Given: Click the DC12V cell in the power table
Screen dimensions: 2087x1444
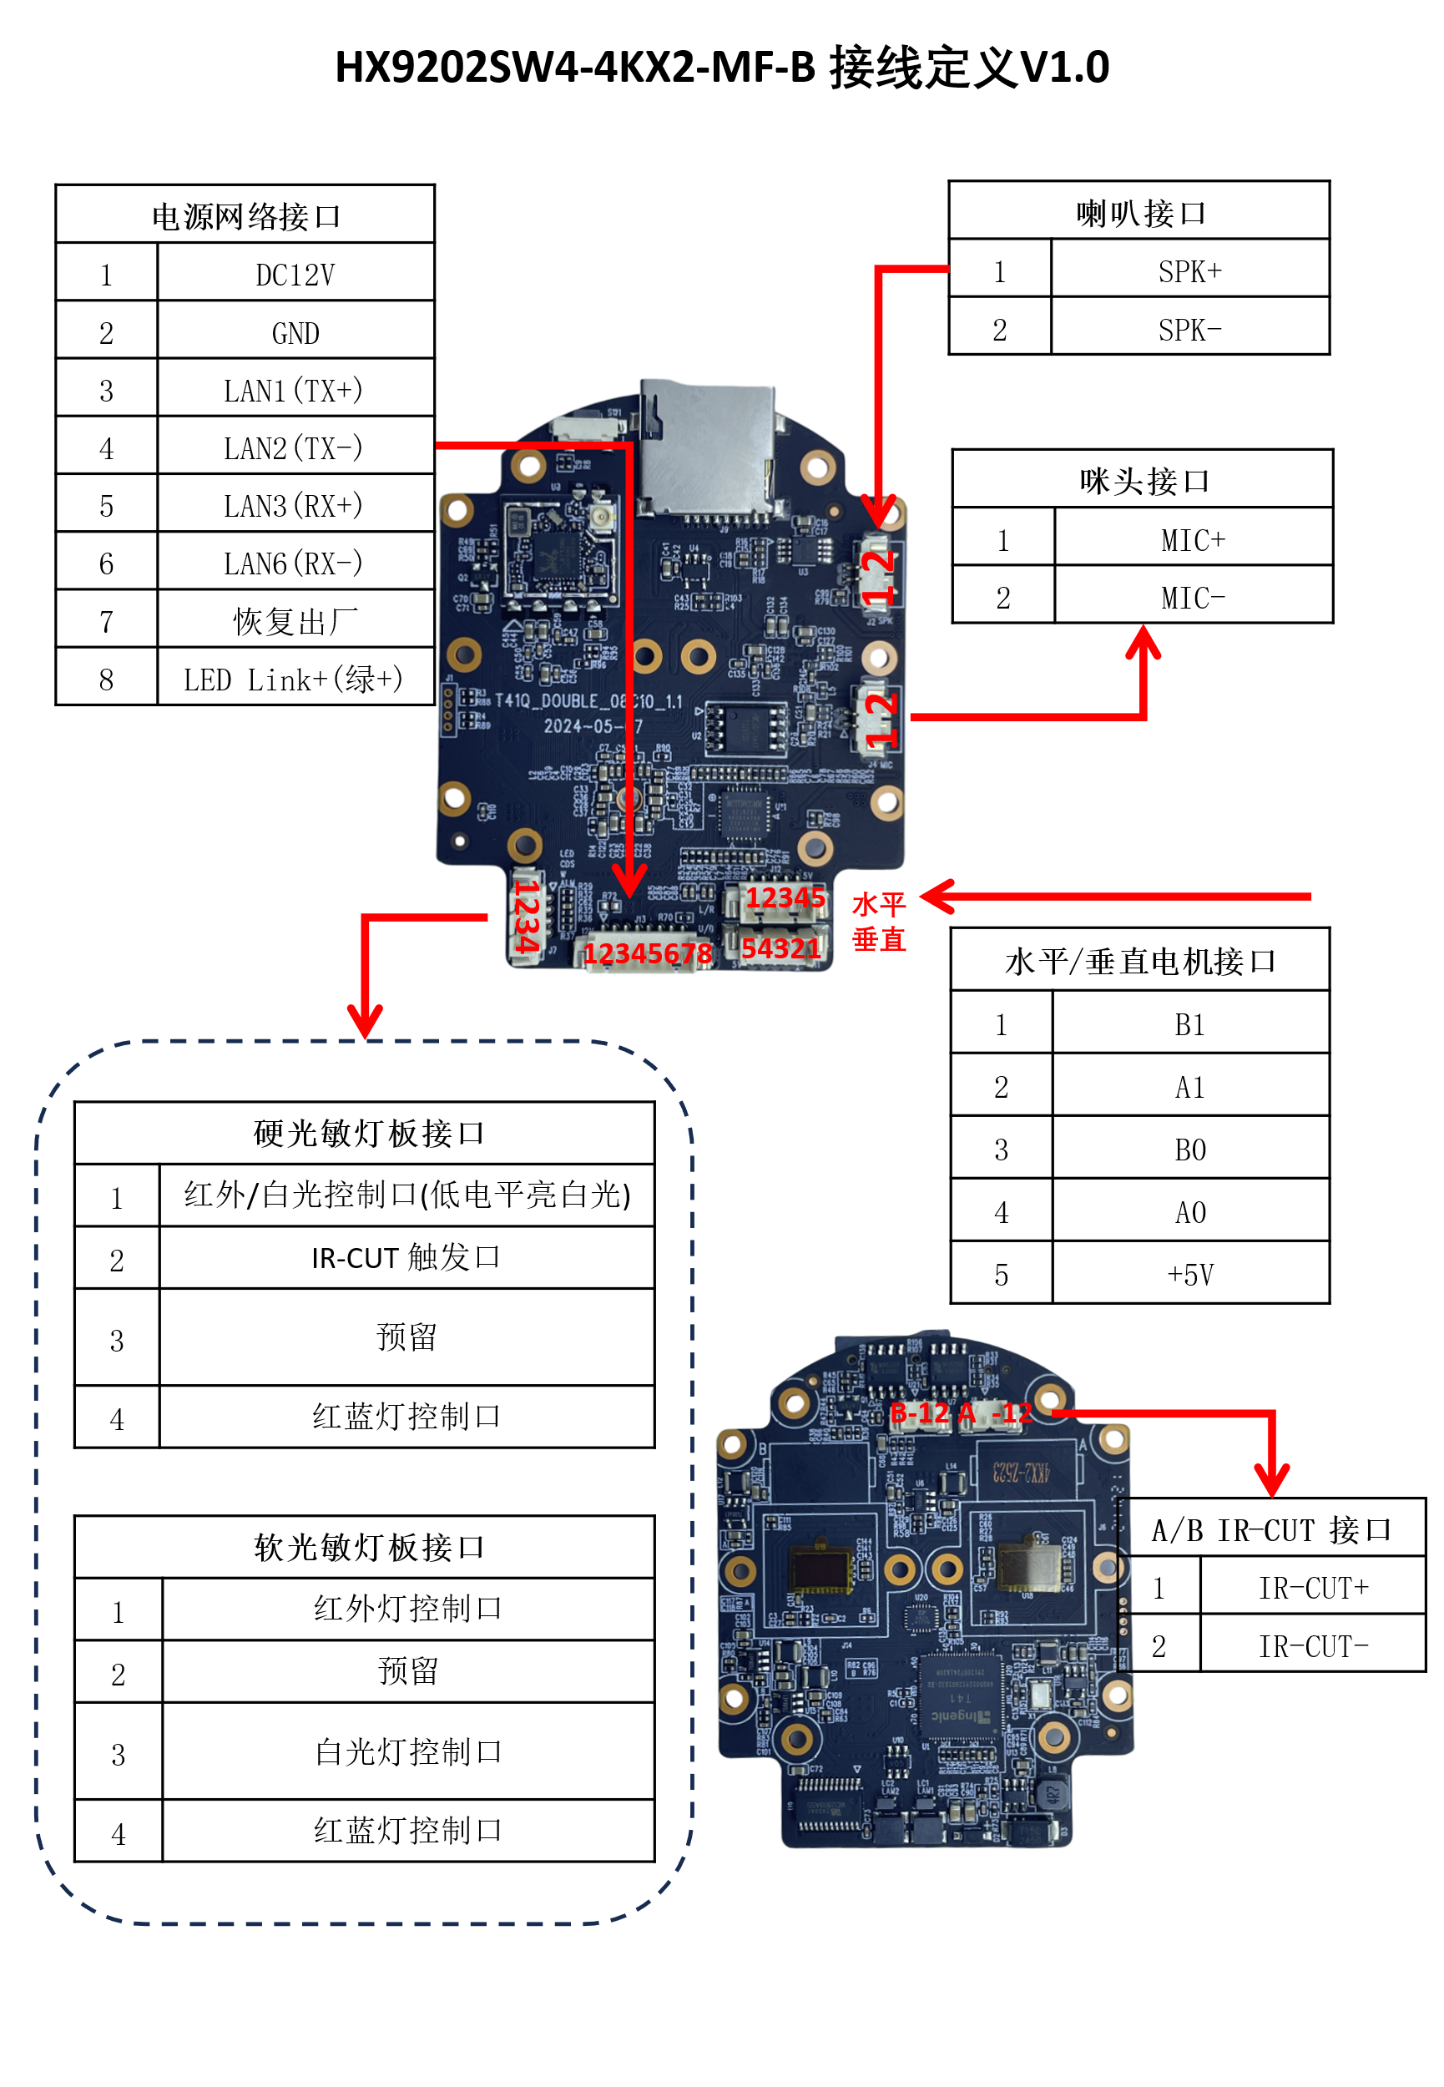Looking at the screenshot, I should [x=295, y=274].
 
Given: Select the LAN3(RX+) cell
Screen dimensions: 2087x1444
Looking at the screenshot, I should [x=295, y=505].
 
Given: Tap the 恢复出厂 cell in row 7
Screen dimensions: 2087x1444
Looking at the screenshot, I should [x=295, y=620].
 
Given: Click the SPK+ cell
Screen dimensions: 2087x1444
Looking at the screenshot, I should [x=1189, y=270].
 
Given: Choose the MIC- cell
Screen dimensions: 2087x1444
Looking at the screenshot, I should [x=1193, y=597].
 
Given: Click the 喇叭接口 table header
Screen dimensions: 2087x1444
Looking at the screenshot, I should [x=1139, y=213].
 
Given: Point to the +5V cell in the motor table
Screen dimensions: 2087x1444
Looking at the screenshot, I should [x=1189, y=1274].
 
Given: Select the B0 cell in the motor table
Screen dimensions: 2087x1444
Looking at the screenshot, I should [x=1189, y=1149].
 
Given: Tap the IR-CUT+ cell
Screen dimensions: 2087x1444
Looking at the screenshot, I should [x=1313, y=1587].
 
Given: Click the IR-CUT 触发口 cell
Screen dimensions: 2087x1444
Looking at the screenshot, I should [x=406, y=1257].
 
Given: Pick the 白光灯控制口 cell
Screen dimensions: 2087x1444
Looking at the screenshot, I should [x=408, y=1751].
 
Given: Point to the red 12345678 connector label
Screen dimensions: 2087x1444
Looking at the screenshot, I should [x=647, y=953].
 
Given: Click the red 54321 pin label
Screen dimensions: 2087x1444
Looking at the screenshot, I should [x=780, y=947].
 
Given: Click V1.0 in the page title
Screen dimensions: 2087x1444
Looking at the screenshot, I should [x=1063, y=68].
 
